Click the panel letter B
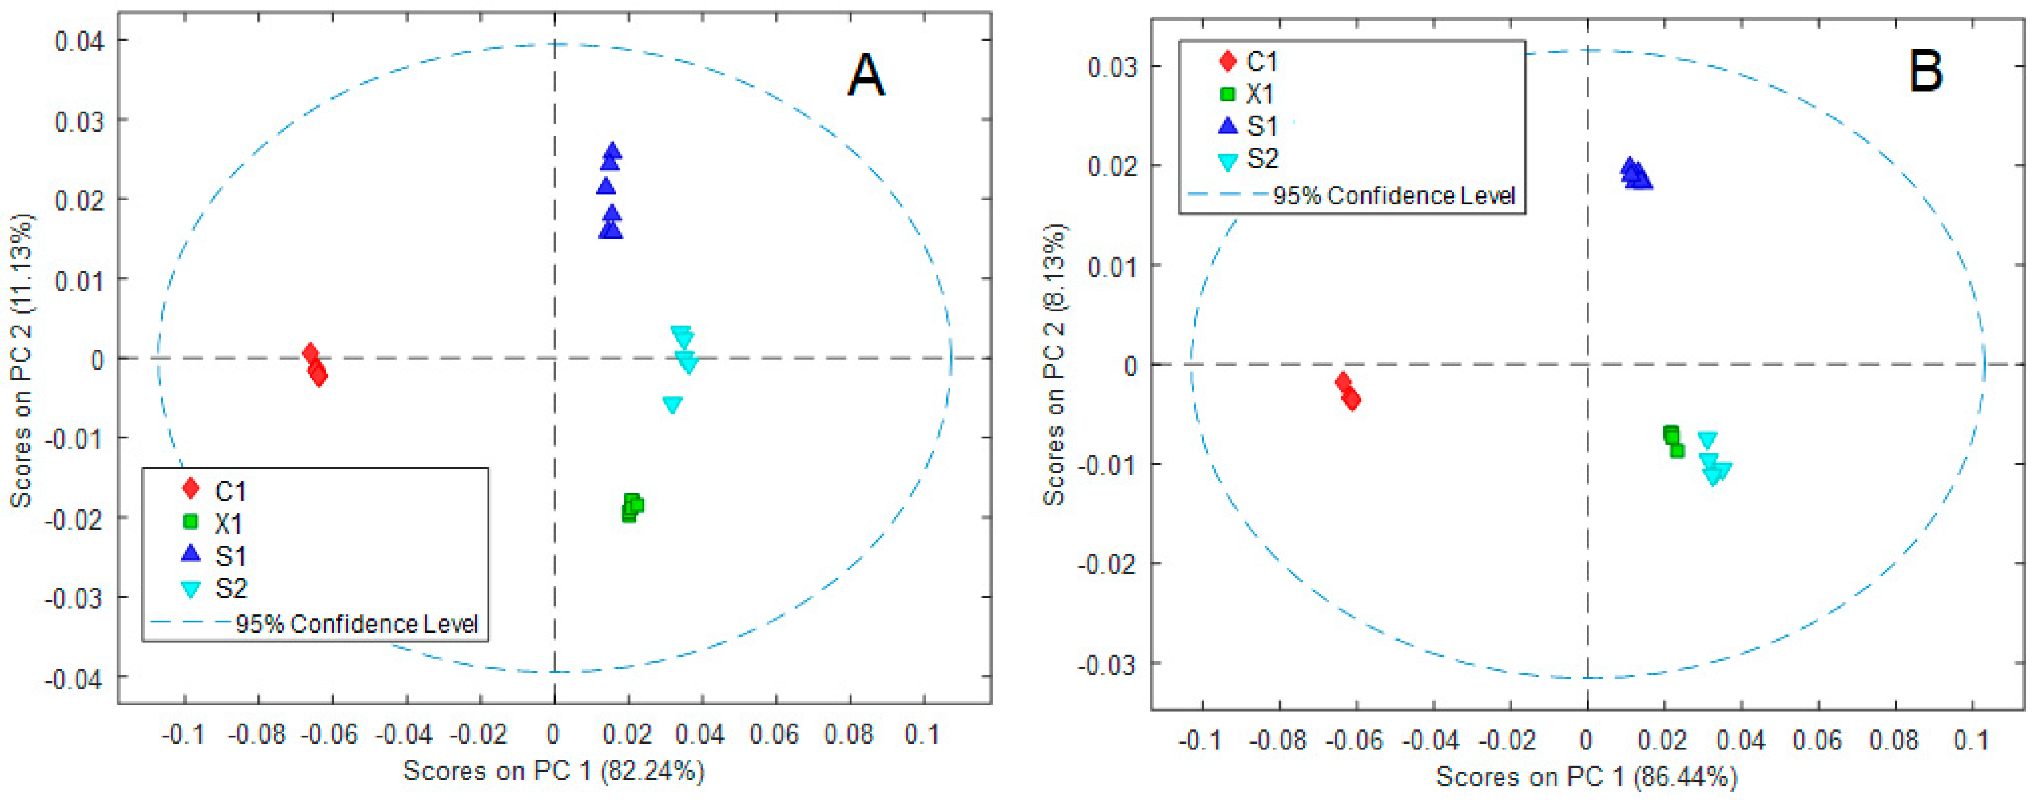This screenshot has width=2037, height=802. [1925, 70]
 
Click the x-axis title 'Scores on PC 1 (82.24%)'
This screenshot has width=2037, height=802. [553, 771]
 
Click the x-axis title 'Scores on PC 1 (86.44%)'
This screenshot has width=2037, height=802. [1586, 777]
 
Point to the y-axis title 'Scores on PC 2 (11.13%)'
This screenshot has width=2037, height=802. [21, 360]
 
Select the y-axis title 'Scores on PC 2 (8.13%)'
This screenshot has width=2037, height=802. [1054, 365]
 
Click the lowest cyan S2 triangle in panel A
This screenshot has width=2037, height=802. [672, 405]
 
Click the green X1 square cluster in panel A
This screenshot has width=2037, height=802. [632, 507]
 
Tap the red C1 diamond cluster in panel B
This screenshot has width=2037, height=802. [1348, 392]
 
